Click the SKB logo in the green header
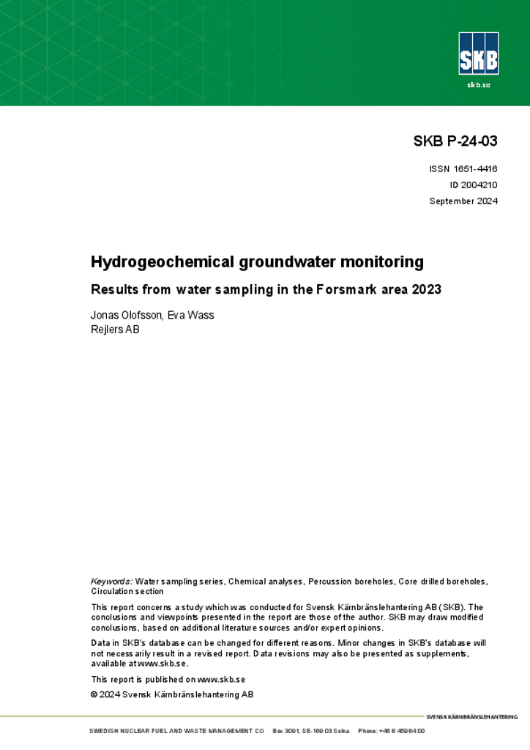click(x=478, y=53)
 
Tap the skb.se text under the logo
click(x=478, y=86)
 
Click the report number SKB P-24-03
click(x=455, y=142)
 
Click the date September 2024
click(x=463, y=201)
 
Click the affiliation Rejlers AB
click(x=115, y=330)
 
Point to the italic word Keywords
click(x=111, y=581)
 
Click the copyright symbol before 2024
click(x=94, y=694)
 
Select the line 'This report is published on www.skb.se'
click(x=168, y=679)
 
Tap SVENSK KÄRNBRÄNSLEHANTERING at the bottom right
click(x=471, y=717)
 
